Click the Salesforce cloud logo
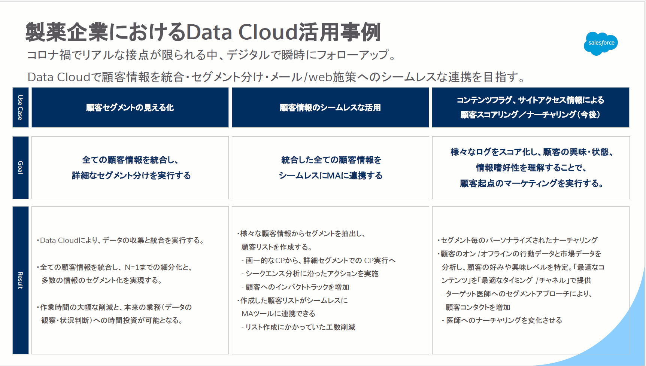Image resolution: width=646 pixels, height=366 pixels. tap(601, 43)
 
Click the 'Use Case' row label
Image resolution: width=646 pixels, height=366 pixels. tap(20, 107)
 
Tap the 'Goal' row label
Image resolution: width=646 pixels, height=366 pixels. tap(20, 167)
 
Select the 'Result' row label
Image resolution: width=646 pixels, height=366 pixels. tap(20, 280)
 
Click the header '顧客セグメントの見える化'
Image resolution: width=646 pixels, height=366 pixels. tap(130, 108)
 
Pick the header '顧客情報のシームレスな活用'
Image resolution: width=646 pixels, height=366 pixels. tap(330, 108)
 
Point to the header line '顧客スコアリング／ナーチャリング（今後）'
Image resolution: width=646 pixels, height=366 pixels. tap(530, 115)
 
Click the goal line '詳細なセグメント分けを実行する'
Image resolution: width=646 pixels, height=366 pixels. tap(131, 176)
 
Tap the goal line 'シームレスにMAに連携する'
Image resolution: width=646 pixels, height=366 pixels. tap(330, 176)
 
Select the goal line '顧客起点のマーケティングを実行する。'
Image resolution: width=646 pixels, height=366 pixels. tap(531, 183)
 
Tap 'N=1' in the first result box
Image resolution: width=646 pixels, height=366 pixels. tap(132, 267)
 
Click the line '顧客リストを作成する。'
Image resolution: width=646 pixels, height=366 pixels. tap(276, 247)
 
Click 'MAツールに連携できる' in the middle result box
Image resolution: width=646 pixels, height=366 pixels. tap(278, 314)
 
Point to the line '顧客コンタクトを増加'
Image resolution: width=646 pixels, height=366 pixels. tap(478, 307)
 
